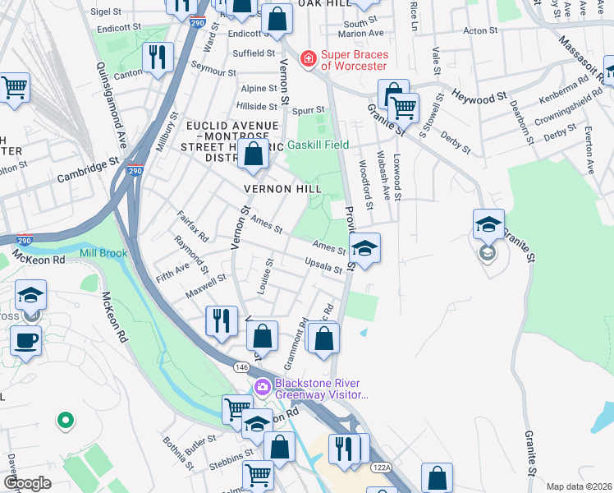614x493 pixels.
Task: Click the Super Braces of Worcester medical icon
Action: (x=308, y=58)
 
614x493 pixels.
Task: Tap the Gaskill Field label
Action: (x=318, y=145)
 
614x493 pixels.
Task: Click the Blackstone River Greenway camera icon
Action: (x=263, y=387)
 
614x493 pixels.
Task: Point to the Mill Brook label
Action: (x=103, y=254)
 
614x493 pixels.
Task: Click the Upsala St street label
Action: (x=323, y=267)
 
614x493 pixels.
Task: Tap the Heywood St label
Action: (x=479, y=98)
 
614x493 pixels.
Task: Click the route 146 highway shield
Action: (x=241, y=366)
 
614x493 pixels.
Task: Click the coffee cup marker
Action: (x=26, y=339)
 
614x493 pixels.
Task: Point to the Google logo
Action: (x=27, y=483)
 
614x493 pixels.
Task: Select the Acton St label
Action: (x=476, y=30)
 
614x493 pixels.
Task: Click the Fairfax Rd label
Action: (x=194, y=228)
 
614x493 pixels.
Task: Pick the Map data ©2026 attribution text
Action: (x=579, y=486)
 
